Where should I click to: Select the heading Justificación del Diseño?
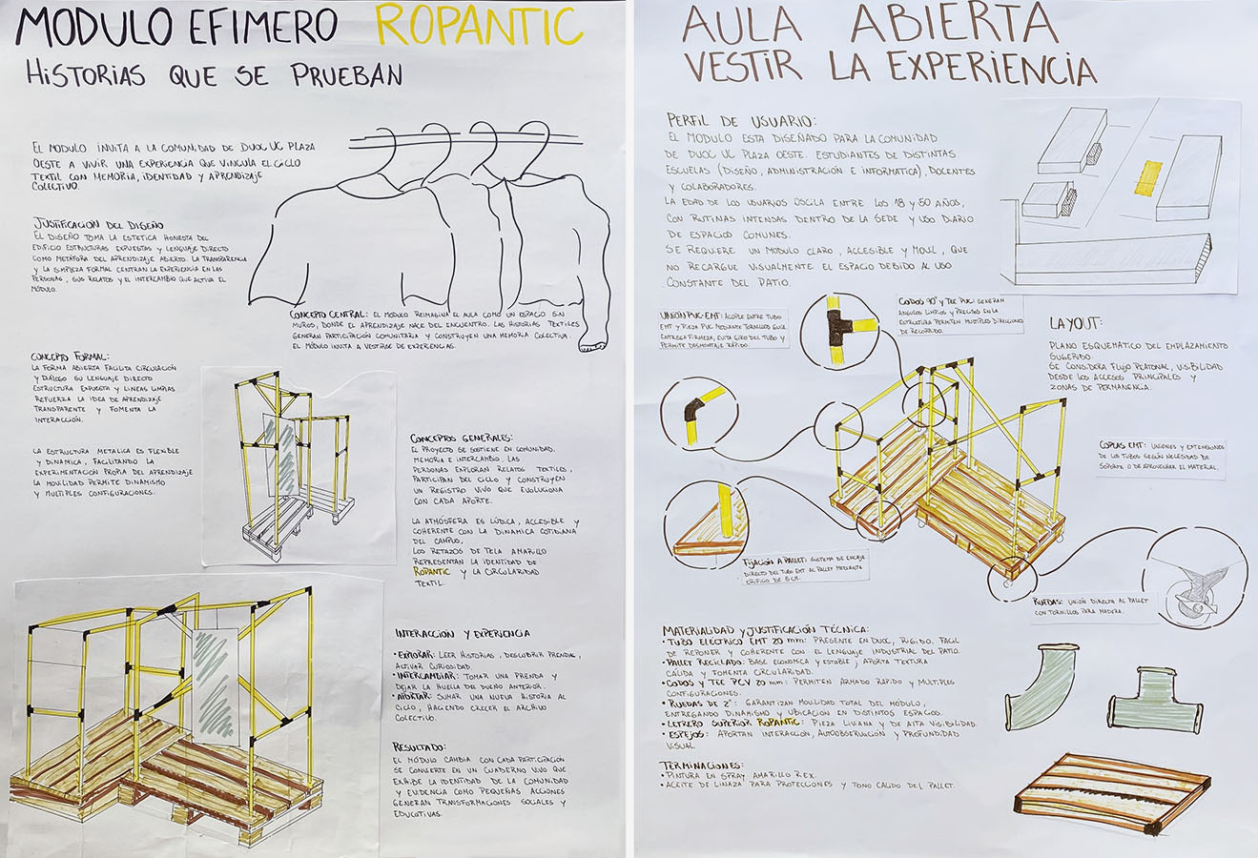pyautogui.click(x=97, y=225)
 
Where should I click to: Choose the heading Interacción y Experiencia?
pyautogui.click(x=463, y=633)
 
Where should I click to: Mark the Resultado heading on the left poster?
pyautogui.click(x=420, y=746)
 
